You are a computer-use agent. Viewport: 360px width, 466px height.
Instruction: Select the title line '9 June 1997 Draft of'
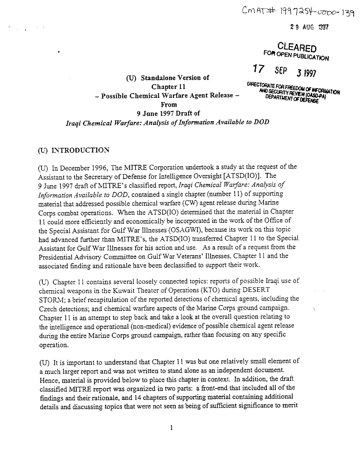168,113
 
